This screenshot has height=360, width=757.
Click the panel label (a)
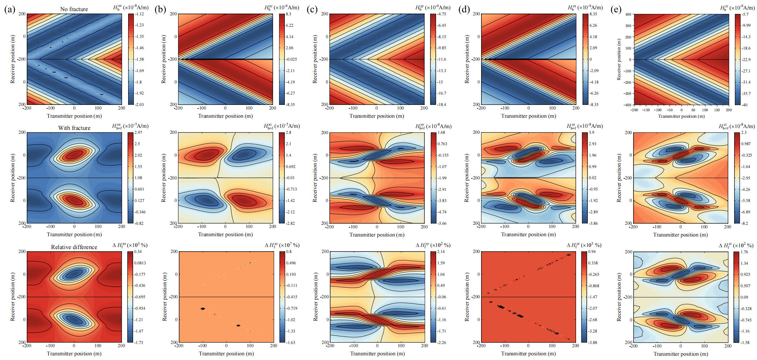coord(10,9)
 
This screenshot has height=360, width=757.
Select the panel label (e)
coord(616,9)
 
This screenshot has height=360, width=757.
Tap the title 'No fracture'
coord(74,9)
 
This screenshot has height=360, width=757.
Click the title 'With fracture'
coord(74,128)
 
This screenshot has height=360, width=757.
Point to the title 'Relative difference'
coord(74,247)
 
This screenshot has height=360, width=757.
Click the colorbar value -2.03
coord(139,105)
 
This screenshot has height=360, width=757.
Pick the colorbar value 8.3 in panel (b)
coord(288,14)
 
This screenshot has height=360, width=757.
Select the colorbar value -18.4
coord(441,105)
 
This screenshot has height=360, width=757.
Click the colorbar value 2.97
coord(138,132)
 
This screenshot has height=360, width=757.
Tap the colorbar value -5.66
coord(442,223)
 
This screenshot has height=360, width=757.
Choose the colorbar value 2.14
coord(441,252)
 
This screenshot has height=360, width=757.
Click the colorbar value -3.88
coord(592,343)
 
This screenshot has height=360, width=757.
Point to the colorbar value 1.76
coord(744,252)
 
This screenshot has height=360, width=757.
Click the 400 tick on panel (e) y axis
coord(628,14)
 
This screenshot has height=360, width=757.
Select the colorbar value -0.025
coord(291,59)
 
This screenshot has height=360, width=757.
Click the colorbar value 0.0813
coord(140,263)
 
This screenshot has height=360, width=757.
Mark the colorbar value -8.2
coord(745,223)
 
